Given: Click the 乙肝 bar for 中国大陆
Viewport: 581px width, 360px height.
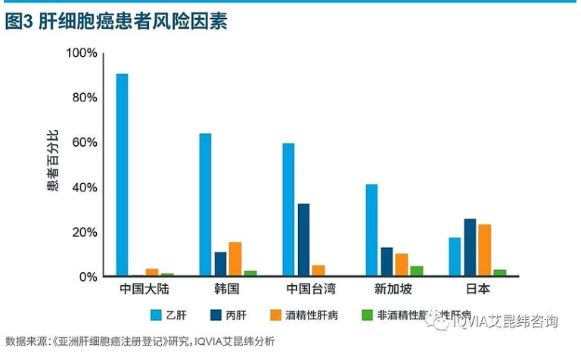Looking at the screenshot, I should (122, 175).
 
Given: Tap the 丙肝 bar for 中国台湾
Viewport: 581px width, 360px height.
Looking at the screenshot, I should (303, 240).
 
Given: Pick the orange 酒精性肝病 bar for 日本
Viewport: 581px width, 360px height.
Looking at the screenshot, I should (484, 250).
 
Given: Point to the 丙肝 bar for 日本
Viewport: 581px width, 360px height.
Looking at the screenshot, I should (470, 247).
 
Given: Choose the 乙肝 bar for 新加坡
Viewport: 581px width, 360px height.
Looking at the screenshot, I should (371, 230).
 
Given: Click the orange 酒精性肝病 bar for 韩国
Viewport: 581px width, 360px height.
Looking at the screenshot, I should (235, 259).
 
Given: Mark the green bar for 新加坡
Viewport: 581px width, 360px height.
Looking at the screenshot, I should (416, 271).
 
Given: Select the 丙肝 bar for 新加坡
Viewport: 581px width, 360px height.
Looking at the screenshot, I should (387, 262).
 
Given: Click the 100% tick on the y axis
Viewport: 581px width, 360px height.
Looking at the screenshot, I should (82, 53).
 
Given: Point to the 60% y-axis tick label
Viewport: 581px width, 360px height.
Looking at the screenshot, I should (85, 142).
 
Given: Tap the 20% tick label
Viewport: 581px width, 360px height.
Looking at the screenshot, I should (85, 232).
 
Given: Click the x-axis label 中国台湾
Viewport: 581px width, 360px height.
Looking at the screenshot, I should (310, 290).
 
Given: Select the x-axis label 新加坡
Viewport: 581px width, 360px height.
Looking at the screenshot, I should (393, 290).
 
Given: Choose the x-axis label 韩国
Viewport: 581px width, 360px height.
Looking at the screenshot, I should (227, 290).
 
